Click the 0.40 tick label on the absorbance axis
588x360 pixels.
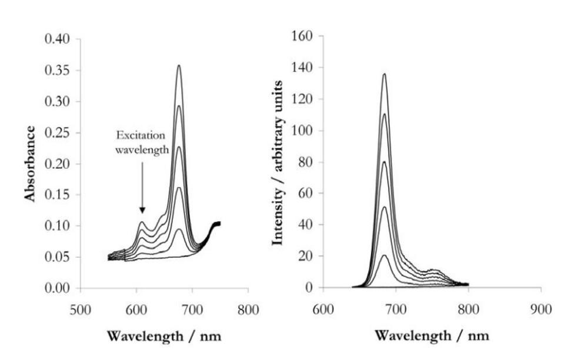point(58,39)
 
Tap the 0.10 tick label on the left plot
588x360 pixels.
point(58,226)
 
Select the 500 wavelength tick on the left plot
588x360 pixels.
point(81,309)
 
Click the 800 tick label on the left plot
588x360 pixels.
point(248,309)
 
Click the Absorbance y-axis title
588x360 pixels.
point(30,163)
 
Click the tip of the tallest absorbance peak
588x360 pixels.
point(179,65)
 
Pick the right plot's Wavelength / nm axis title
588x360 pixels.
point(431,336)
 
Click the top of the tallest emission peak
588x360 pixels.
point(384,74)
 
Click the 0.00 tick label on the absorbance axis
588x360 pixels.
point(58,288)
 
